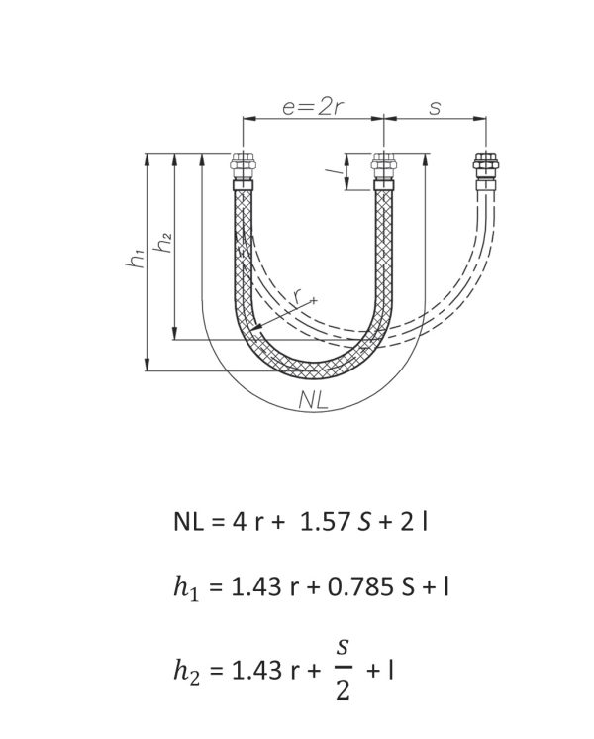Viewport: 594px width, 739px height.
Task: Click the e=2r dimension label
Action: tap(312, 107)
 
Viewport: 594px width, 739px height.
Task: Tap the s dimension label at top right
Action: tap(435, 107)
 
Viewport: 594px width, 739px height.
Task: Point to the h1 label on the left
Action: tap(136, 258)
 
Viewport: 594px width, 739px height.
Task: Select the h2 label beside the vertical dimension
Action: tap(163, 243)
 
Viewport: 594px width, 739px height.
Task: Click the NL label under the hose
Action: tap(313, 400)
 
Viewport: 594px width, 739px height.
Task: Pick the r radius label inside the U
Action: tap(297, 296)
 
